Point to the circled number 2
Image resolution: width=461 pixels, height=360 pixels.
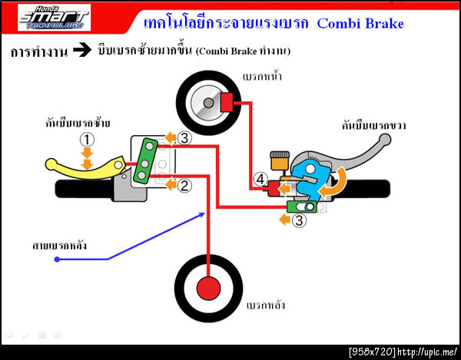[184, 185]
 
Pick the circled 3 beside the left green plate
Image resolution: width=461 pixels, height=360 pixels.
[184, 138]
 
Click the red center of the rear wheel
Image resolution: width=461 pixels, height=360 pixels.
[208, 287]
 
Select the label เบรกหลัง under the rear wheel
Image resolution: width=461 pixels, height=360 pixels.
[265, 304]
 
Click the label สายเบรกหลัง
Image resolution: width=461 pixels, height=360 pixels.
[59, 246]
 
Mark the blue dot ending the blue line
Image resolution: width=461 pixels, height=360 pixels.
[58, 260]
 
